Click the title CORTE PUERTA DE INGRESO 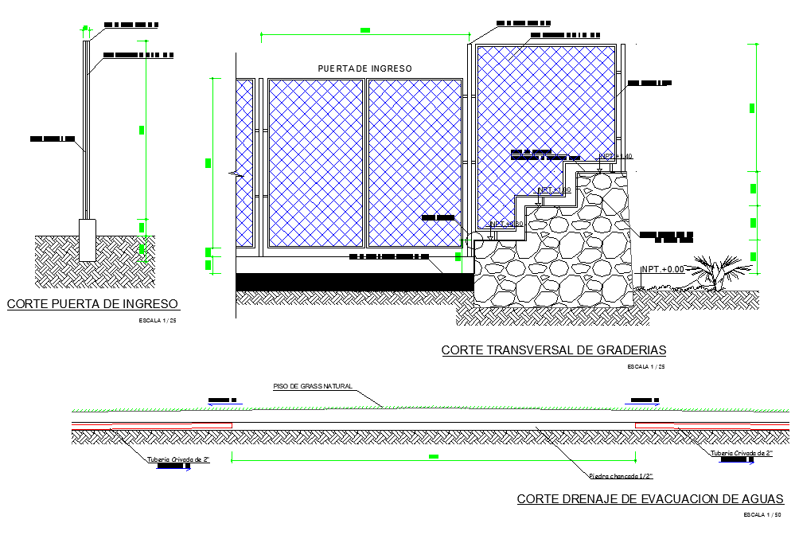click(x=93, y=303)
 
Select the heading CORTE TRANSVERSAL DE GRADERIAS click(x=553, y=350)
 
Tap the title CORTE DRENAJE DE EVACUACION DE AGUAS click(x=650, y=499)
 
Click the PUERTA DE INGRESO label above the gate click(x=364, y=69)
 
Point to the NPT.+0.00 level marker click(x=663, y=269)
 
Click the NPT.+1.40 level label click(x=615, y=156)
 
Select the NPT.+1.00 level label click(x=555, y=189)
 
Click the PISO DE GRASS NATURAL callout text click(x=312, y=386)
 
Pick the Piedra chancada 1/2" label click(x=621, y=476)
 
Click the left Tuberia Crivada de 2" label click(x=178, y=459)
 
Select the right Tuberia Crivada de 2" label click(x=742, y=453)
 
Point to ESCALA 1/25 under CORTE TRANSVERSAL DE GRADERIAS click(x=645, y=366)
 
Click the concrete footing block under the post click(x=87, y=239)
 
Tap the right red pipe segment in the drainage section click(x=712, y=426)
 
